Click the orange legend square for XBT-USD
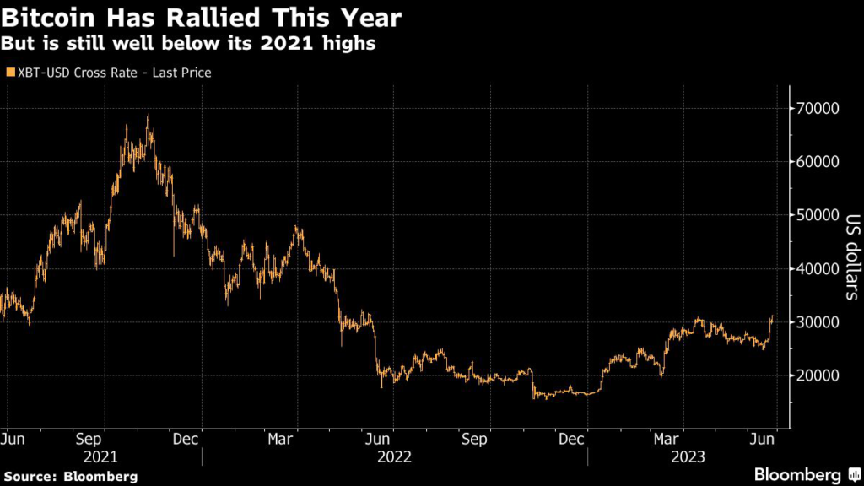tap(9, 73)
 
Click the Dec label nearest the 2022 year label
tap(572, 440)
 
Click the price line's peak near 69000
tap(148, 115)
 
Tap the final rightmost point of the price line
tap(771, 316)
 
